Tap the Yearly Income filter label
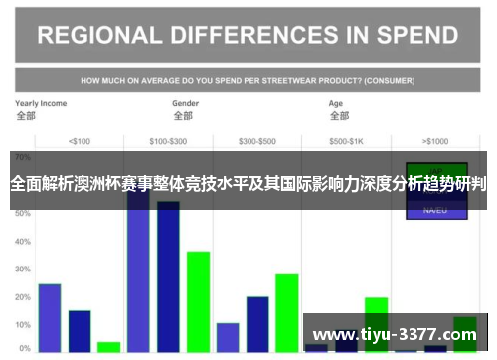[x=41, y=103]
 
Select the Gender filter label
[x=186, y=103]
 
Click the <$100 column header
[x=79, y=140]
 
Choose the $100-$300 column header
[x=170, y=140]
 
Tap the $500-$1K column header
[x=347, y=140]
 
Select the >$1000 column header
[x=435, y=140]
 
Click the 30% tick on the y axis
[x=23, y=270]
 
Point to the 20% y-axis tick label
[x=23, y=297]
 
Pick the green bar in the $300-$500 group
[x=287, y=313]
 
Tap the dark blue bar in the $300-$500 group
[x=257, y=324]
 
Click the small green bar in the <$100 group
[x=109, y=347]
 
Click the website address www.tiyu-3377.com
[x=395, y=334]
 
